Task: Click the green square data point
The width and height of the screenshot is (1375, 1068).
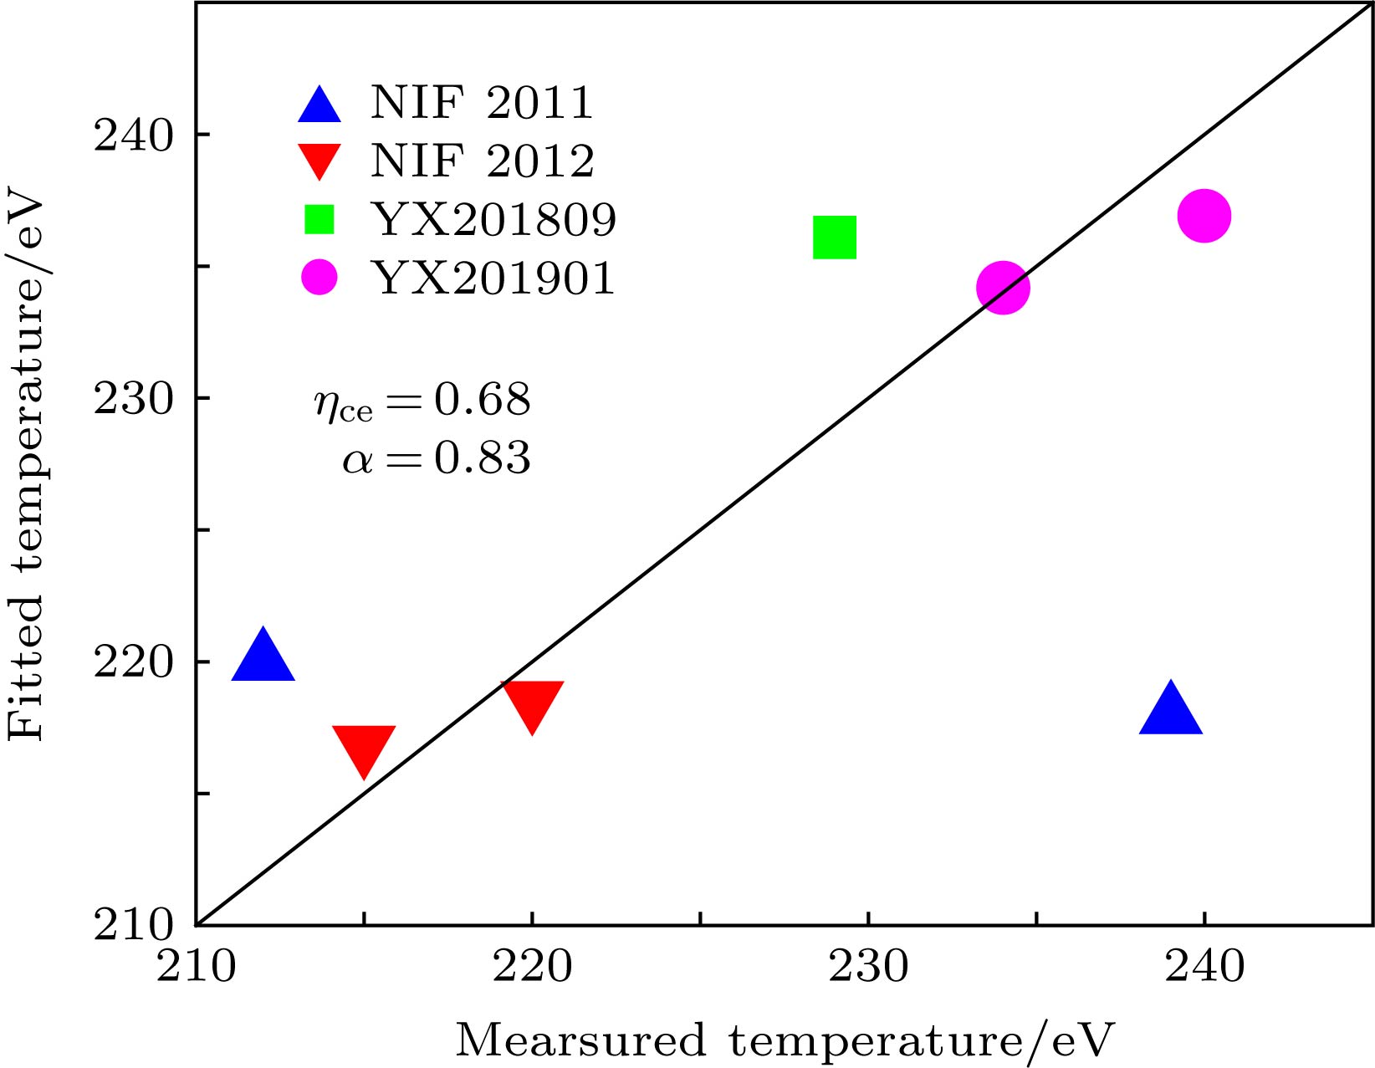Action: tap(835, 238)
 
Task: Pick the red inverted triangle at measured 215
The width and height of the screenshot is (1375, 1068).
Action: tap(364, 748)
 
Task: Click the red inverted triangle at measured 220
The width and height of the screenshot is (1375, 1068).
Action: tap(532, 703)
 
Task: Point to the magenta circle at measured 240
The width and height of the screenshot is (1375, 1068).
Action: tap(1204, 216)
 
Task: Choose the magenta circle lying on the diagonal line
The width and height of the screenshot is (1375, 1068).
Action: tap(1003, 288)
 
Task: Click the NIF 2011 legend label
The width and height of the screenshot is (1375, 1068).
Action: tap(482, 103)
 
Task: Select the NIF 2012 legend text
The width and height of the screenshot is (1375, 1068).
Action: tap(483, 161)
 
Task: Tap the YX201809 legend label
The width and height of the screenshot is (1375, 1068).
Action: tap(493, 219)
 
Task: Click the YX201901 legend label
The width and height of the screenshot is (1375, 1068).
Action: tap(493, 278)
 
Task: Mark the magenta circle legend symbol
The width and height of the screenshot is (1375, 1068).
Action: tap(319, 278)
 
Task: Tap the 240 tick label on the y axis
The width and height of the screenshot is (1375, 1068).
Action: tap(133, 135)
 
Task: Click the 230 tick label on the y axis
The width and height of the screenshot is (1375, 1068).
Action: tap(133, 399)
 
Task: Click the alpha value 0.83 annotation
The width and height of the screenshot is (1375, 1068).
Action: tap(482, 458)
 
